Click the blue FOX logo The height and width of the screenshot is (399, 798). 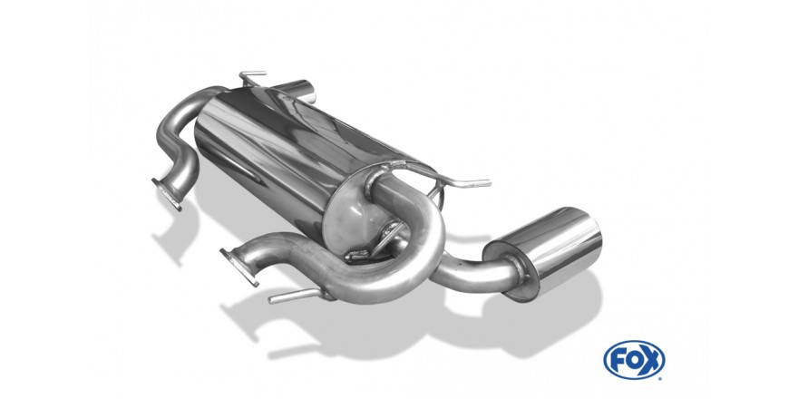coord(634,360)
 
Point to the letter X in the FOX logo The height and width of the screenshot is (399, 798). coord(651,360)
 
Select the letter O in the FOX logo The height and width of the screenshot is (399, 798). coord(634,360)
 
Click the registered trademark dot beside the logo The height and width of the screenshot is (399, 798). coord(663,377)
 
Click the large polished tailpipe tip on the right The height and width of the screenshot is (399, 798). coord(543,253)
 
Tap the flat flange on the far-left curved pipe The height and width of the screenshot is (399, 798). coord(167,194)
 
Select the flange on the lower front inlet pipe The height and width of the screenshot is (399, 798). coord(239,267)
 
